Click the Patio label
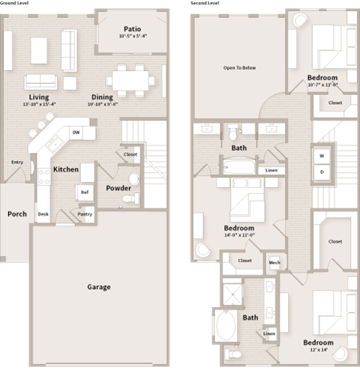click(132, 29)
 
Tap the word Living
click(38, 97)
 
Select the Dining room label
click(102, 97)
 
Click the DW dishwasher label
click(76, 133)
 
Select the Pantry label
click(85, 214)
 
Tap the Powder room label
click(118, 188)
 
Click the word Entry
click(16, 162)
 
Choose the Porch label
click(16, 214)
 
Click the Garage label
click(98, 287)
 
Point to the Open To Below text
click(239, 68)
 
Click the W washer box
click(322, 156)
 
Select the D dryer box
click(322, 172)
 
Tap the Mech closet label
click(274, 262)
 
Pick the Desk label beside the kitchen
click(43, 214)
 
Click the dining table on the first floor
click(130, 79)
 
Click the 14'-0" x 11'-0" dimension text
click(239, 235)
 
